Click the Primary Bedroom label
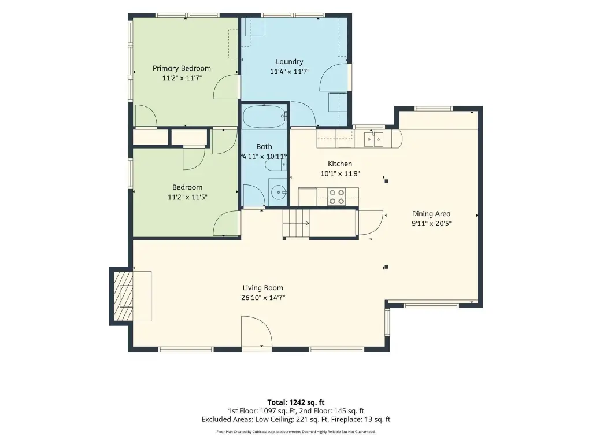182,68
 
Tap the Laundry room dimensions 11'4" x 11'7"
290,71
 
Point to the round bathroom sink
278,193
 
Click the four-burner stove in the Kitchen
337,197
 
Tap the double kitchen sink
374,139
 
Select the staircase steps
297,223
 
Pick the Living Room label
263,288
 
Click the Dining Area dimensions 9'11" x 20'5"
431,224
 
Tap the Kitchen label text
340,164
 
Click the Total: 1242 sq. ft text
296,402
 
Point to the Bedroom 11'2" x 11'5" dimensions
187,197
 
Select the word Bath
264,146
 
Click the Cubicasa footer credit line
296,431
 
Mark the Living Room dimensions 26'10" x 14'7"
263,298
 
